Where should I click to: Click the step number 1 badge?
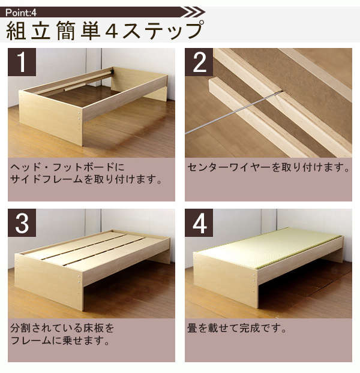pyautogui.click(x=22, y=62)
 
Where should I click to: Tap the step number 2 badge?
pyautogui.click(x=199, y=62)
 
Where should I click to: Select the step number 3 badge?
pyautogui.click(x=22, y=223)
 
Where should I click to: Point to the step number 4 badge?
pyautogui.click(x=199, y=223)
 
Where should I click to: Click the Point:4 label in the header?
pyautogui.click(x=21, y=13)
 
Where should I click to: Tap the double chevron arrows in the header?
pyautogui.click(x=194, y=12)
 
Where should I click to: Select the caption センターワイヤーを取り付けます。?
pyautogui.click(x=268, y=167)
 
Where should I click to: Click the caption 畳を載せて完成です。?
pyautogui.click(x=237, y=328)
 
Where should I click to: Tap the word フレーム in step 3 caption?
pyautogui.click(x=31, y=341)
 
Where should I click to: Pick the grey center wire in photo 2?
pyautogui.click(x=233, y=112)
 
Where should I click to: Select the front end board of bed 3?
pyautogui.click(x=49, y=282)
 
